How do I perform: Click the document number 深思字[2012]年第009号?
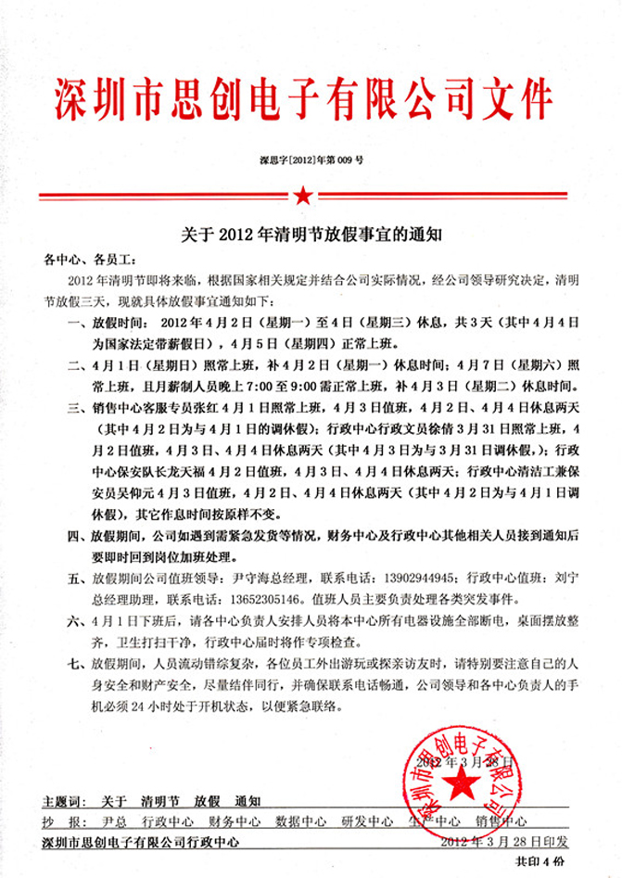[311, 160]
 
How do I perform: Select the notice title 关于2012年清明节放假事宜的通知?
[311, 235]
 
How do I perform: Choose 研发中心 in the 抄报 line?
[367, 821]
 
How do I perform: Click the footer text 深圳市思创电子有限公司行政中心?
[141, 842]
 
